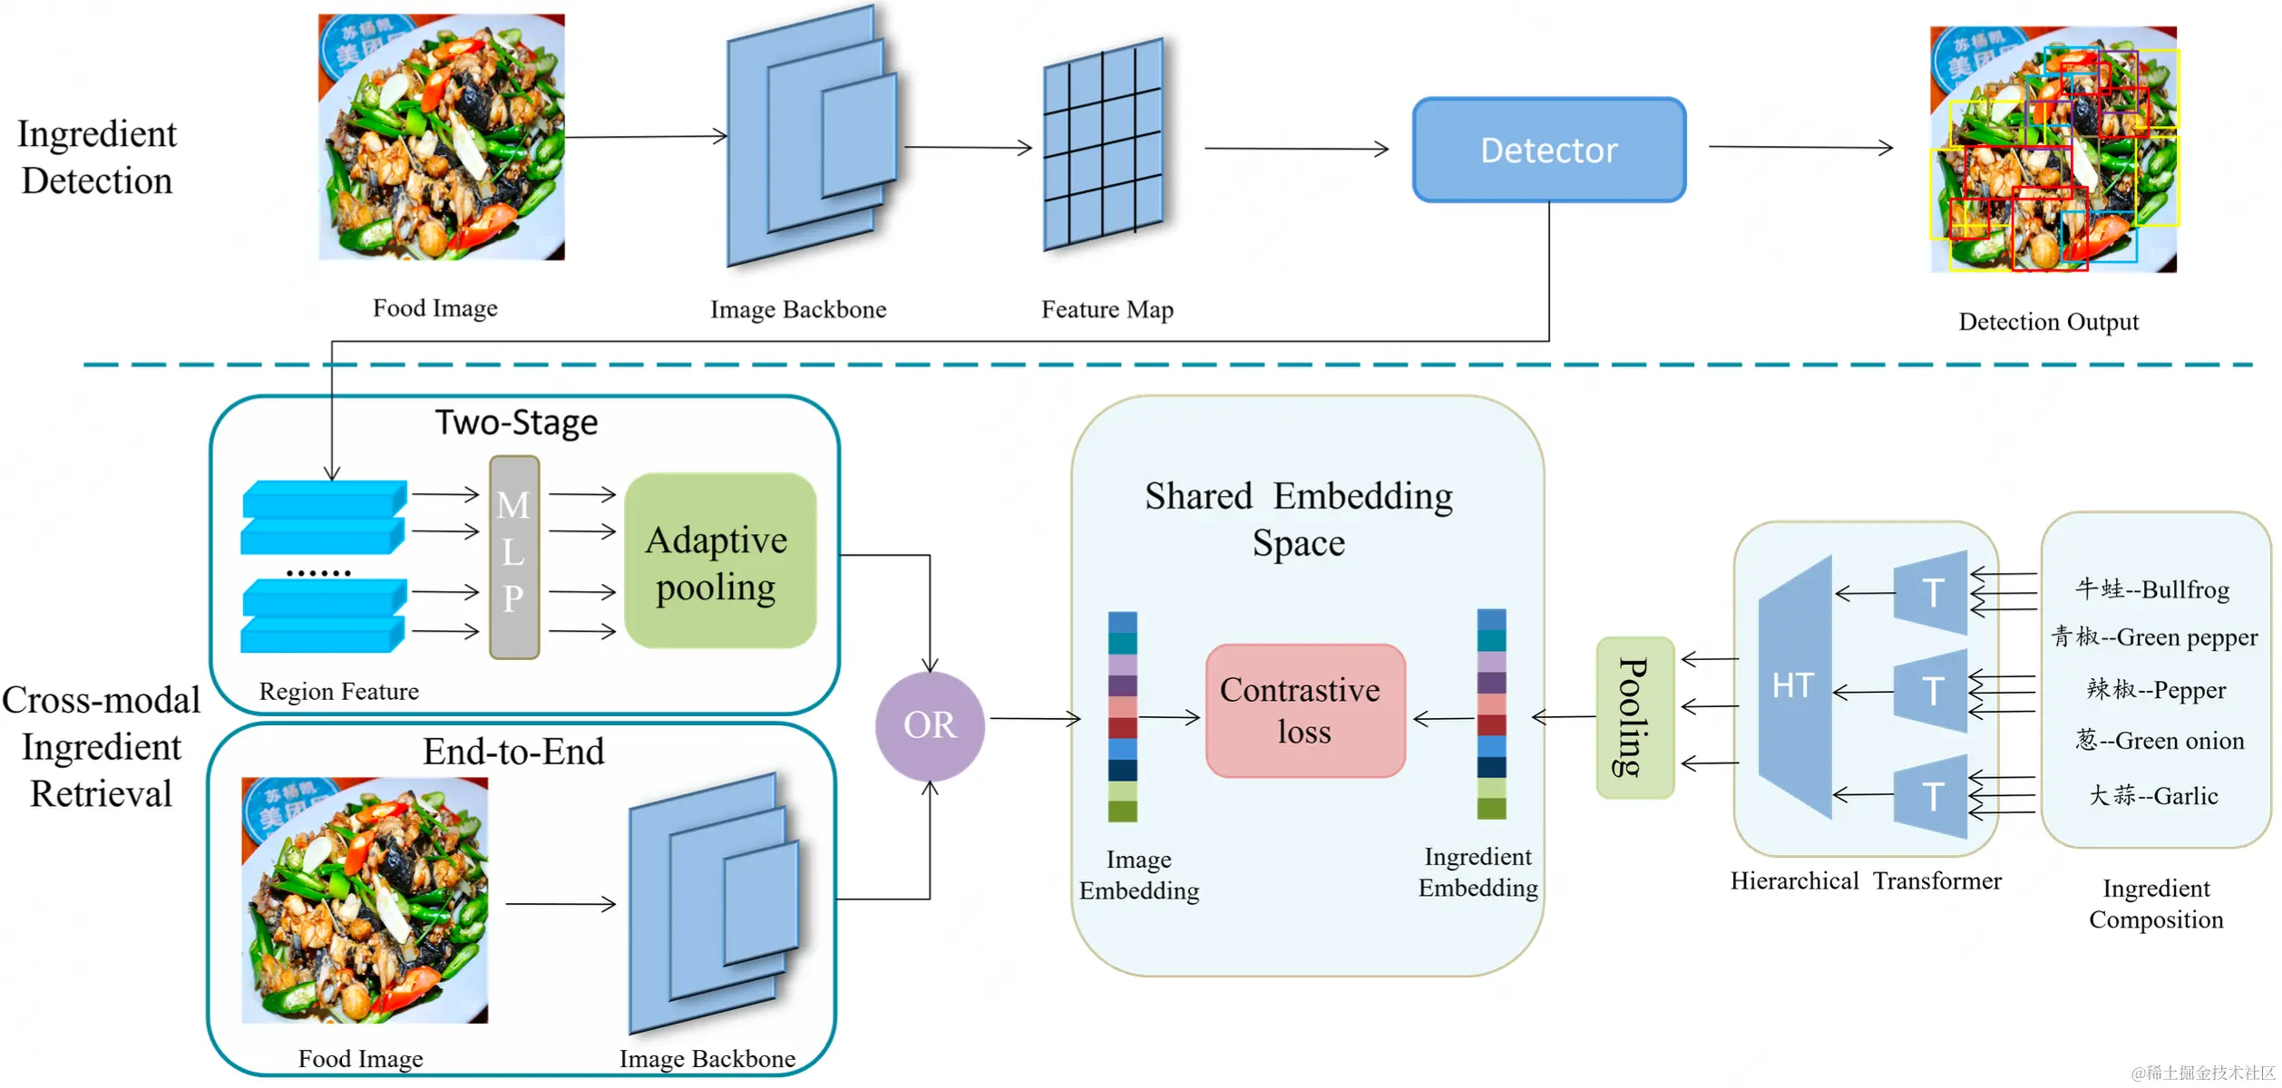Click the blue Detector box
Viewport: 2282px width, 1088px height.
point(1548,150)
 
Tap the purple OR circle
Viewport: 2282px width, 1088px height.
point(930,725)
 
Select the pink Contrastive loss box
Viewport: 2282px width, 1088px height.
point(1304,711)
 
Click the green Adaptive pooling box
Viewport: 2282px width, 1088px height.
point(719,561)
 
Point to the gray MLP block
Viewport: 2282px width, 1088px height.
point(514,556)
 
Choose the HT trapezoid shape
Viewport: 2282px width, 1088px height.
point(1795,686)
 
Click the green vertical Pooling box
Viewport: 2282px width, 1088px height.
point(1634,717)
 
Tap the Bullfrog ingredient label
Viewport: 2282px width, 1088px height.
point(2152,589)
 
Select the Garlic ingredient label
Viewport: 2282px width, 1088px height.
point(2153,796)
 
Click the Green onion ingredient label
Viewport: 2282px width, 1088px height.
point(2160,741)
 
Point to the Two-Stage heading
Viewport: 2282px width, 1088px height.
point(516,423)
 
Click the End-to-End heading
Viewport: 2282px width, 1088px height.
point(513,752)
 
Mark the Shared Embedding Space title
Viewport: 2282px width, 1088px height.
point(1298,520)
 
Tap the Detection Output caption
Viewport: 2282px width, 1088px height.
point(2048,322)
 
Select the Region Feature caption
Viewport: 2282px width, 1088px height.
point(338,692)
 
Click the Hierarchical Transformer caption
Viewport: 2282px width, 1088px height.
point(1865,881)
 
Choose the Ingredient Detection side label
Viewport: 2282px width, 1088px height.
point(97,157)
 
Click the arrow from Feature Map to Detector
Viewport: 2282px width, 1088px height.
point(1296,149)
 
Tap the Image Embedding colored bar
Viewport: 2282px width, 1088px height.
point(1122,716)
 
